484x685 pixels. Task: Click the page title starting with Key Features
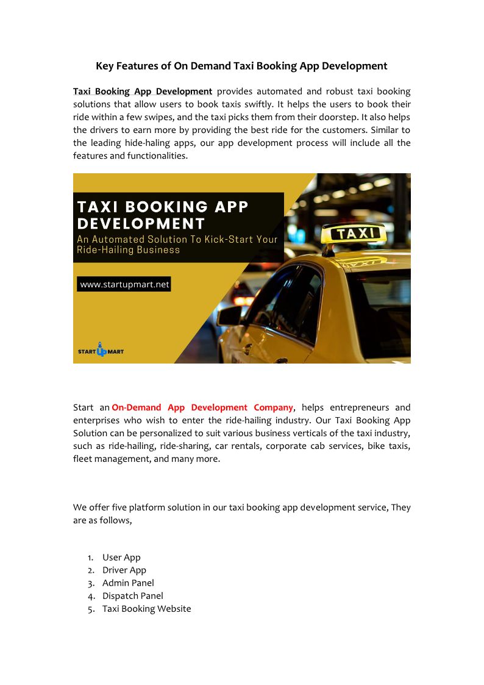pos(241,66)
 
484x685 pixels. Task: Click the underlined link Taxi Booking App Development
pos(143,91)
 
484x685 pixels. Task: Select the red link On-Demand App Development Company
pos(202,407)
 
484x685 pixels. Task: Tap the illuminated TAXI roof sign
pos(354,232)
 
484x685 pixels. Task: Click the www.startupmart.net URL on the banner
pos(124,284)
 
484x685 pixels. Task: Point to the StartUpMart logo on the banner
pos(101,351)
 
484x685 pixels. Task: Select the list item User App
pos(121,558)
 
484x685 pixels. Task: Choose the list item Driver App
pos(124,570)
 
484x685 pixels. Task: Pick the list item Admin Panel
pos(128,583)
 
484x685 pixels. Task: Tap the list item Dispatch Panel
pos(133,596)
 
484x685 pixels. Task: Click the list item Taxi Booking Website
pos(146,609)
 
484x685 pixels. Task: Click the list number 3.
pos(90,583)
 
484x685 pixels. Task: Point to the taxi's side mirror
pos(230,315)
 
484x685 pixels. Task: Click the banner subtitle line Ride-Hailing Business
pos(129,249)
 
